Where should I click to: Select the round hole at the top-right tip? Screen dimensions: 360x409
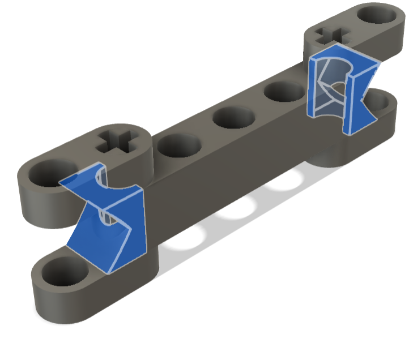[x=378, y=15]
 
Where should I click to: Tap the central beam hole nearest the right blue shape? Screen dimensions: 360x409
[x=282, y=91]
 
